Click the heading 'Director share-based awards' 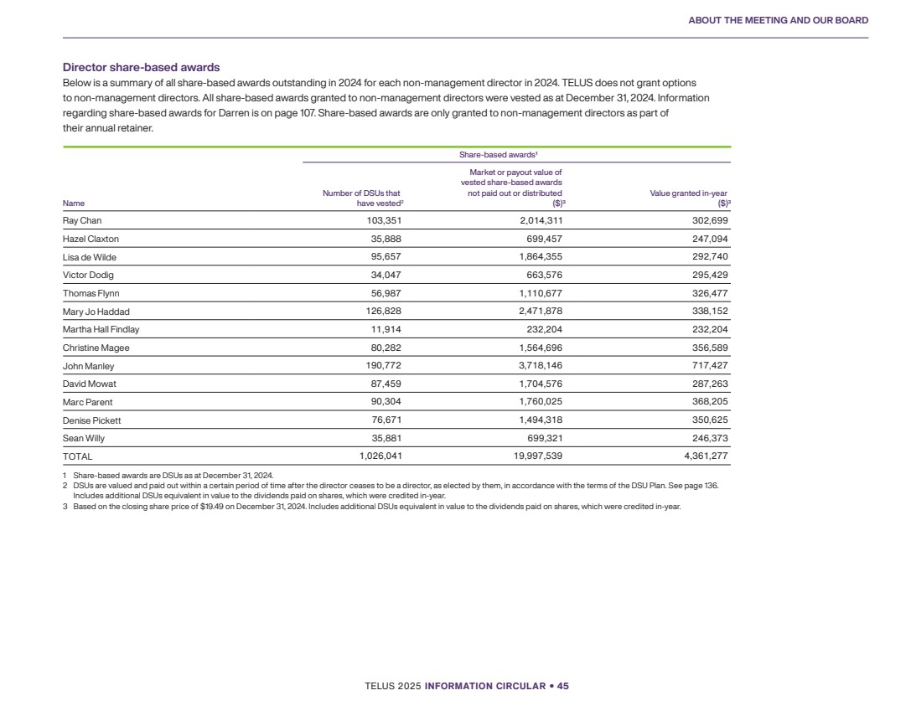(x=141, y=67)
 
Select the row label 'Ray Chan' (x=82, y=221)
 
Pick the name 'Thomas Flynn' (x=91, y=293)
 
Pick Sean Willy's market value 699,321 (x=538, y=438)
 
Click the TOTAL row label (x=78, y=457)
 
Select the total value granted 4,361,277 (x=701, y=457)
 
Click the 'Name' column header (x=74, y=203)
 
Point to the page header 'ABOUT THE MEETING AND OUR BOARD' (x=778, y=20)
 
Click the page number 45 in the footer (x=563, y=686)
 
